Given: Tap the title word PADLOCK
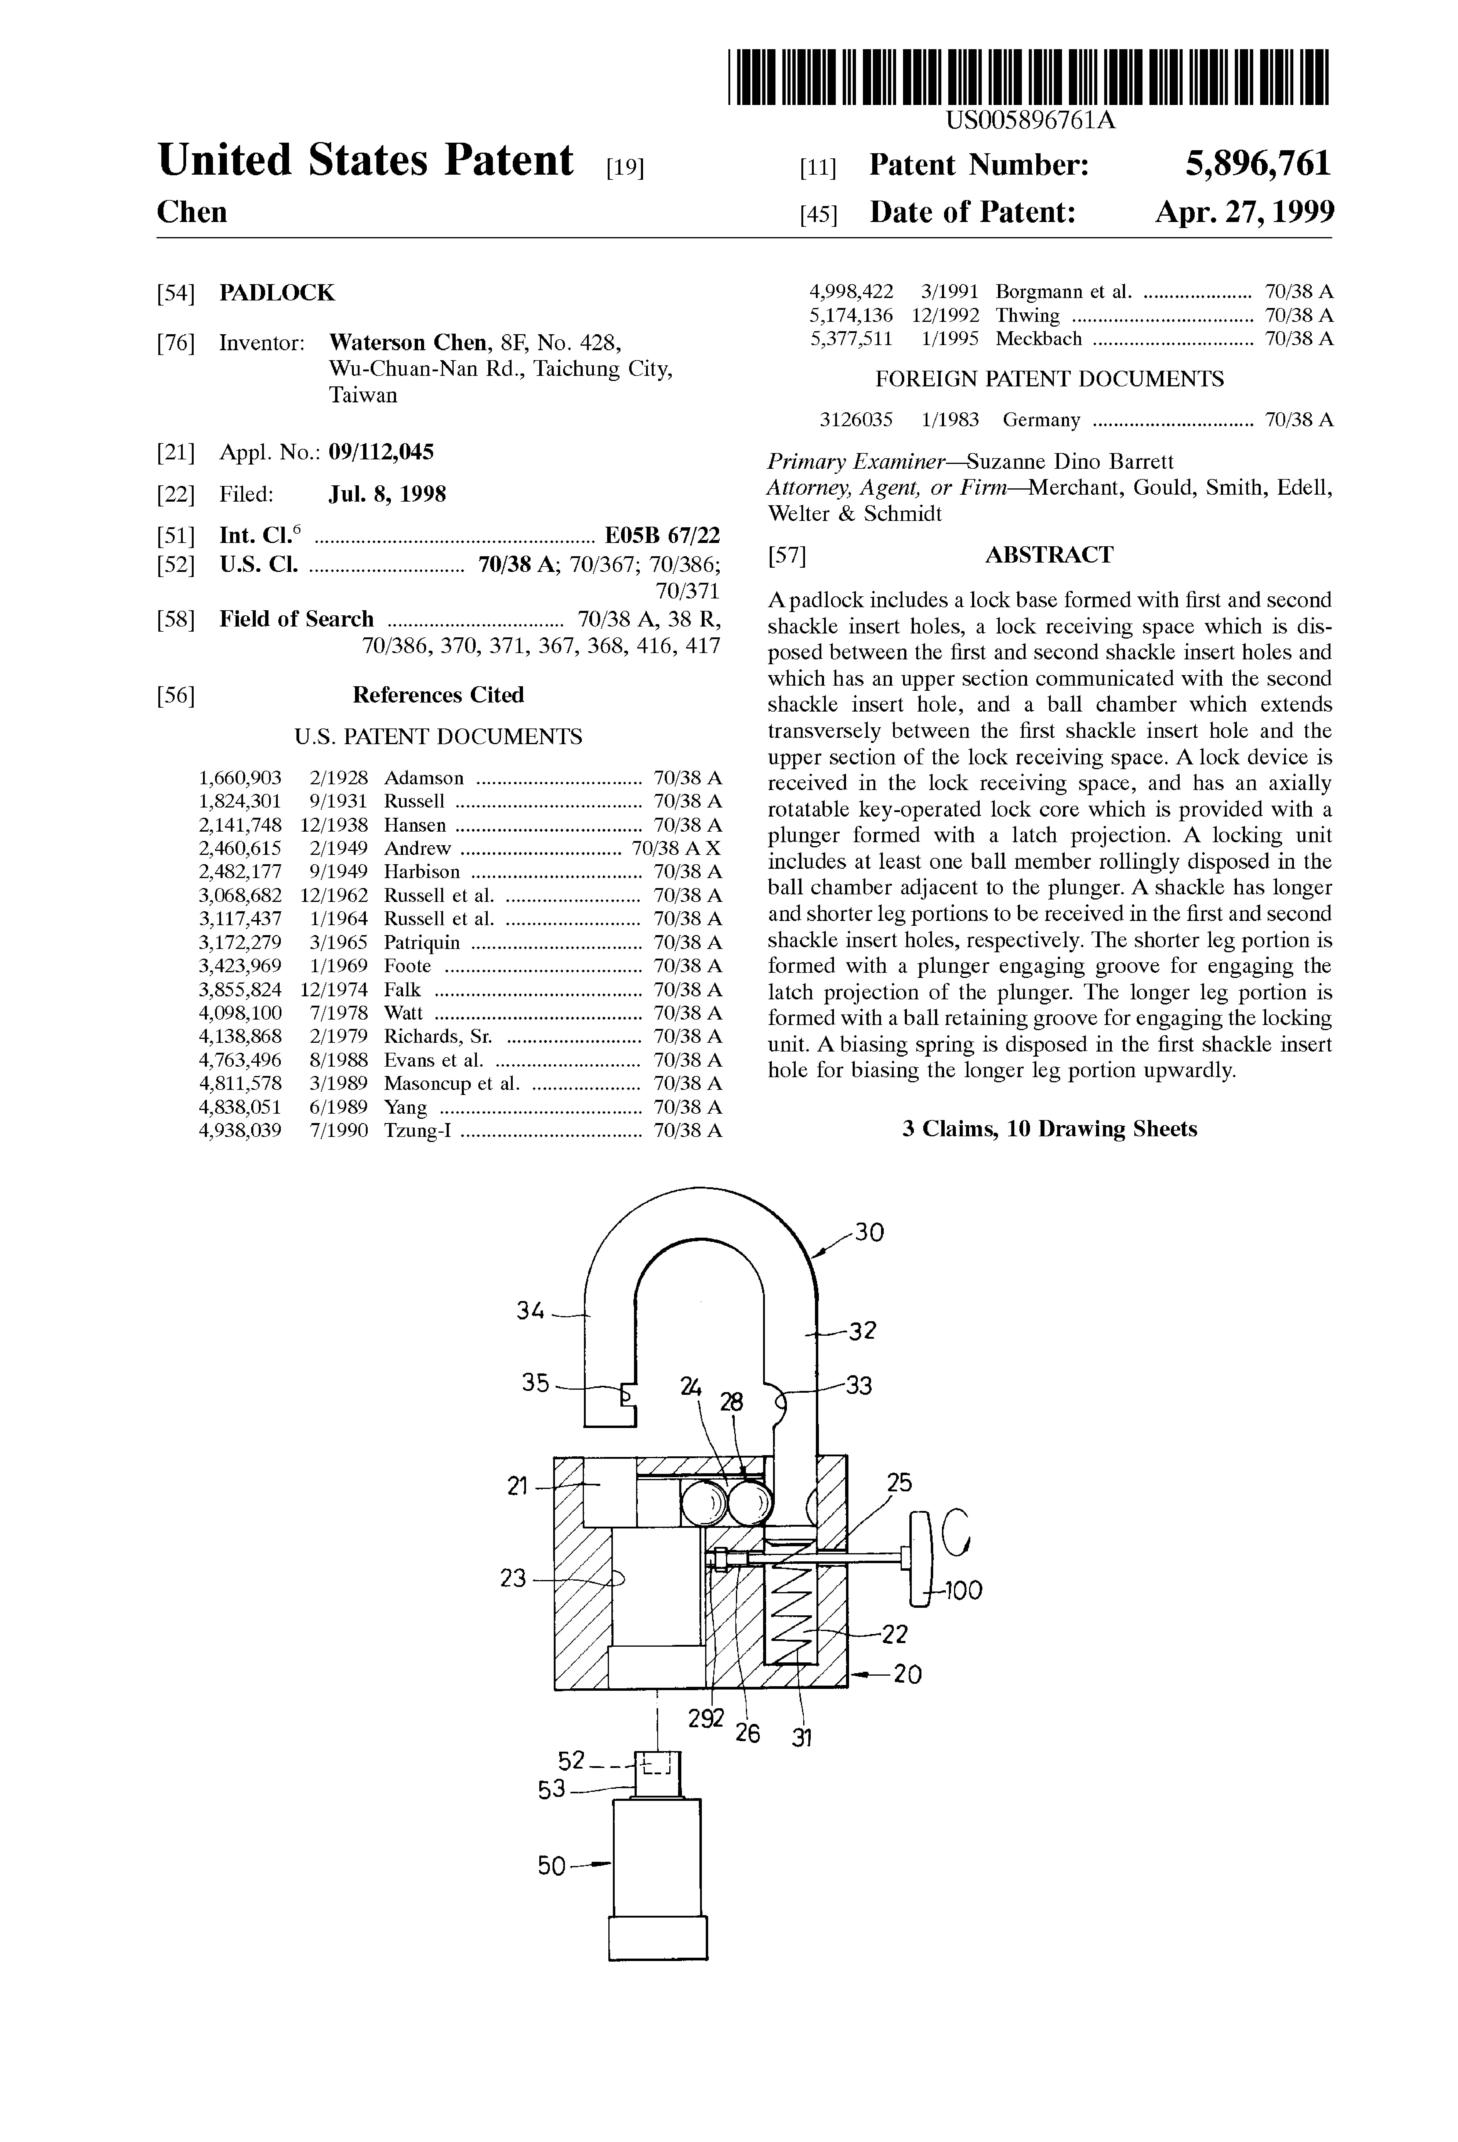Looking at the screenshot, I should pos(277,293).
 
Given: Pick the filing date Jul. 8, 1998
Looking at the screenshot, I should pos(387,495).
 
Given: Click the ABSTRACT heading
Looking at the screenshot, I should pos(1049,555).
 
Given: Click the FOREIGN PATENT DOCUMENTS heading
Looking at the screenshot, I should pos(1049,379).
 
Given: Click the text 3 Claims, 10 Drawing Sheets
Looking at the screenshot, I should pos(1049,1129).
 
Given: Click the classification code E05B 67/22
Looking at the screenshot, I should pos(662,535).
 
